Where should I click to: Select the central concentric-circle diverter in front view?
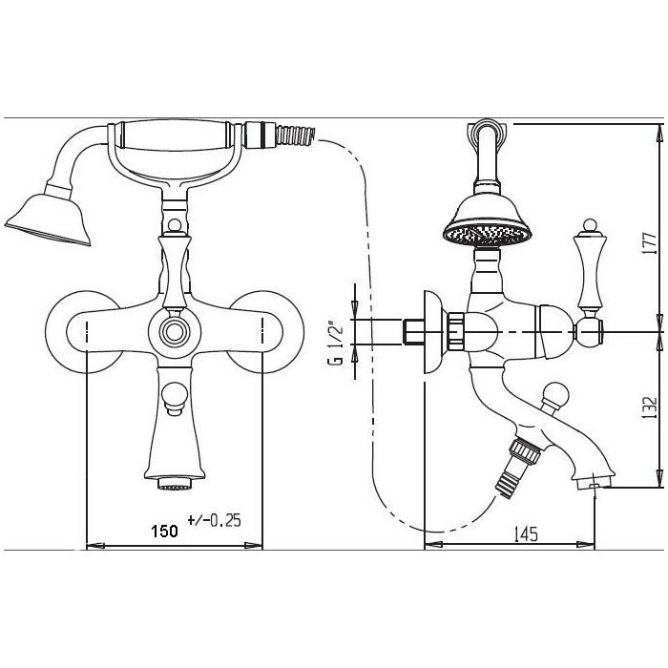(x=175, y=331)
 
